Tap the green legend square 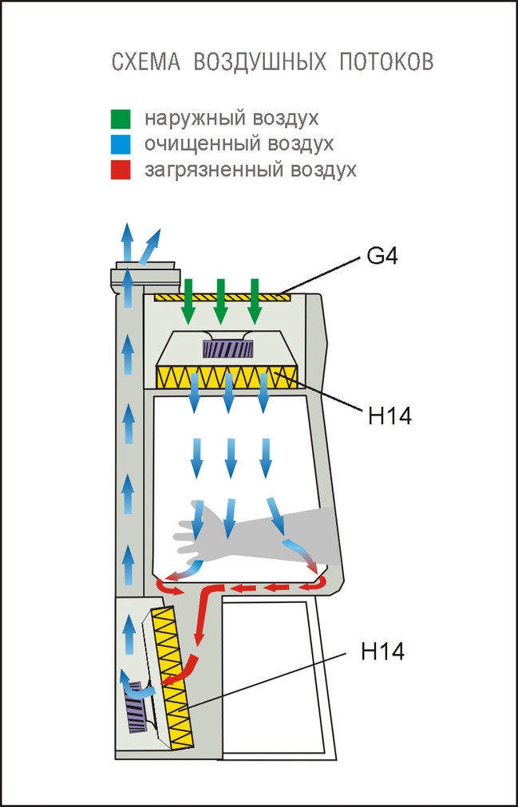121,119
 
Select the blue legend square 121,144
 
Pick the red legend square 121,170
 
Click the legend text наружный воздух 231,119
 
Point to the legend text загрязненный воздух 250,170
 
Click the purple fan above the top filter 228,348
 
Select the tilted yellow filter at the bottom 175,678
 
